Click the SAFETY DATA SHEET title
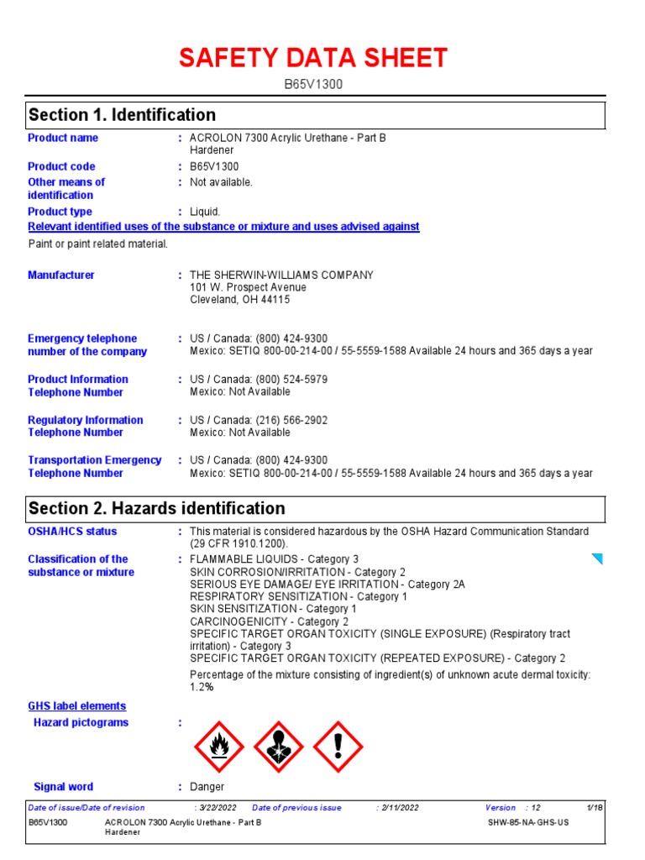(312, 59)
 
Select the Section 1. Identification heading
(122, 115)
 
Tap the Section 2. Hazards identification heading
(156, 508)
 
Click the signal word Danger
(207, 787)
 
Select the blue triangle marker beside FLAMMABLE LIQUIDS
(597, 558)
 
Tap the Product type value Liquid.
(205, 212)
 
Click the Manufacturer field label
(61, 275)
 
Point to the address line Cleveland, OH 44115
(240, 300)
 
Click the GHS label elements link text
(77, 706)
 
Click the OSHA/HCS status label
(72, 532)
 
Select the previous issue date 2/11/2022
(399, 808)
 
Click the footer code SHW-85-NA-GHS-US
(528, 822)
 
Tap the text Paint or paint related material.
(98, 244)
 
